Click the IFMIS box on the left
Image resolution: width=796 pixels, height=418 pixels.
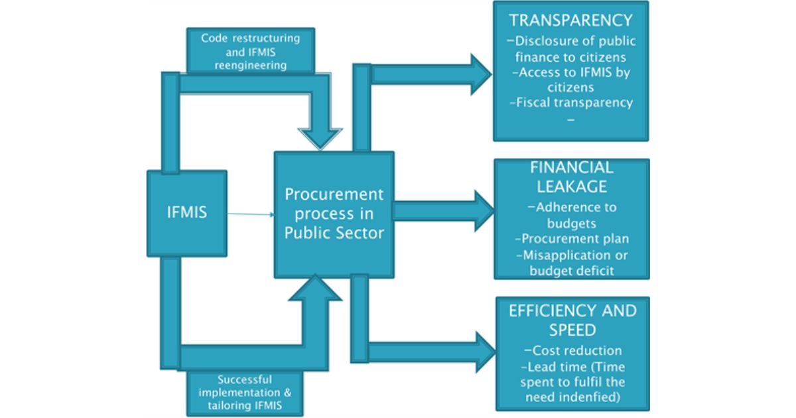coord(187,213)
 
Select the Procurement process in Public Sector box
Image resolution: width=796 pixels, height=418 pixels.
coord(334,214)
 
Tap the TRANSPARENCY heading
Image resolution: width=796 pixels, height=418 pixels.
coord(571,21)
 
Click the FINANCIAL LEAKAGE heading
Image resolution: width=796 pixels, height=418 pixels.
coord(571,177)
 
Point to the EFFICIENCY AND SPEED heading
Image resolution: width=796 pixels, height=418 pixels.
coord(572,320)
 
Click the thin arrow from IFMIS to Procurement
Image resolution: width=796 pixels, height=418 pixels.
coord(251,214)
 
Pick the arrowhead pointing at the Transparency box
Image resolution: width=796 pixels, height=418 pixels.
coord(480,70)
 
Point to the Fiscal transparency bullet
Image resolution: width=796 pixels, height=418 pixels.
coord(571,103)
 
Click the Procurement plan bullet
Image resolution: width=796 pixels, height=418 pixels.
coord(571,239)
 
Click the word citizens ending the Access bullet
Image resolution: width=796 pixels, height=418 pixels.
coord(570,88)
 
